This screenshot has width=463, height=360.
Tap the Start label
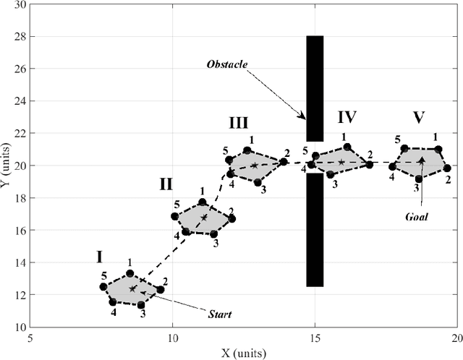click(x=220, y=314)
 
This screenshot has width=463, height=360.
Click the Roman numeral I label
click(x=99, y=256)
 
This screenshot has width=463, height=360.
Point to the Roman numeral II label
click(x=166, y=184)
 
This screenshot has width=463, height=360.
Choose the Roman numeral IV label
click(x=347, y=116)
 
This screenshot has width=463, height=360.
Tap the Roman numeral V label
click(x=419, y=116)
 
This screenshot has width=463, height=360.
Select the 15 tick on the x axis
click(x=315, y=338)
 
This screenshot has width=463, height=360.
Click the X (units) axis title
click(x=243, y=353)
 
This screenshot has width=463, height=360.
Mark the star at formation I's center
click(x=132, y=288)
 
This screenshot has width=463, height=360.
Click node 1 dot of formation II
click(x=203, y=202)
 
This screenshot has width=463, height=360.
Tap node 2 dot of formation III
click(x=284, y=161)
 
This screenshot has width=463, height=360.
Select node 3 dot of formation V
click(x=418, y=179)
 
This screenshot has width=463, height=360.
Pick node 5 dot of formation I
click(x=103, y=287)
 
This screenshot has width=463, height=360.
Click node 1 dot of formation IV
click(x=347, y=147)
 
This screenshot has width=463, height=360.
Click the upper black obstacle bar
click(x=315, y=87)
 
